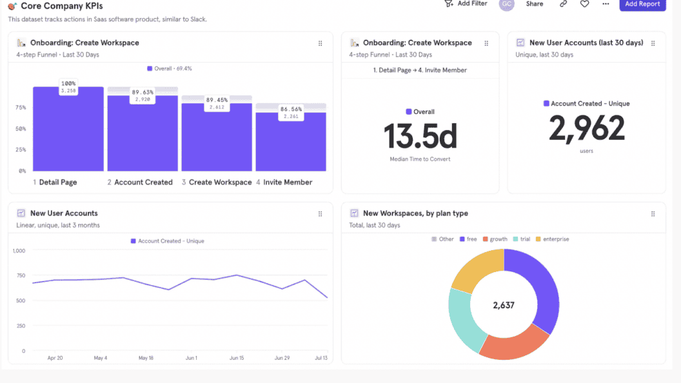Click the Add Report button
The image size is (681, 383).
[x=642, y=5]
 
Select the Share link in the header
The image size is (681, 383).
[x=534, y=4]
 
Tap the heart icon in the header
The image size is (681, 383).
[x=584, y=4]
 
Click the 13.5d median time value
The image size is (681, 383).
[x=420, y=136]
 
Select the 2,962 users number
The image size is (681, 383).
[x=586, y=128]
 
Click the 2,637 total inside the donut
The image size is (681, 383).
[x=504, y=305]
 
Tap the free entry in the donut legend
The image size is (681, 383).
[x=468, y=239]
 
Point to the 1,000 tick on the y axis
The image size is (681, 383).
[x=19, y=250]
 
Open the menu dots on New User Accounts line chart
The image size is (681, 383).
[x=320, y=213]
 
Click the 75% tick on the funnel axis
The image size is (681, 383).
[x=21, y=108]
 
